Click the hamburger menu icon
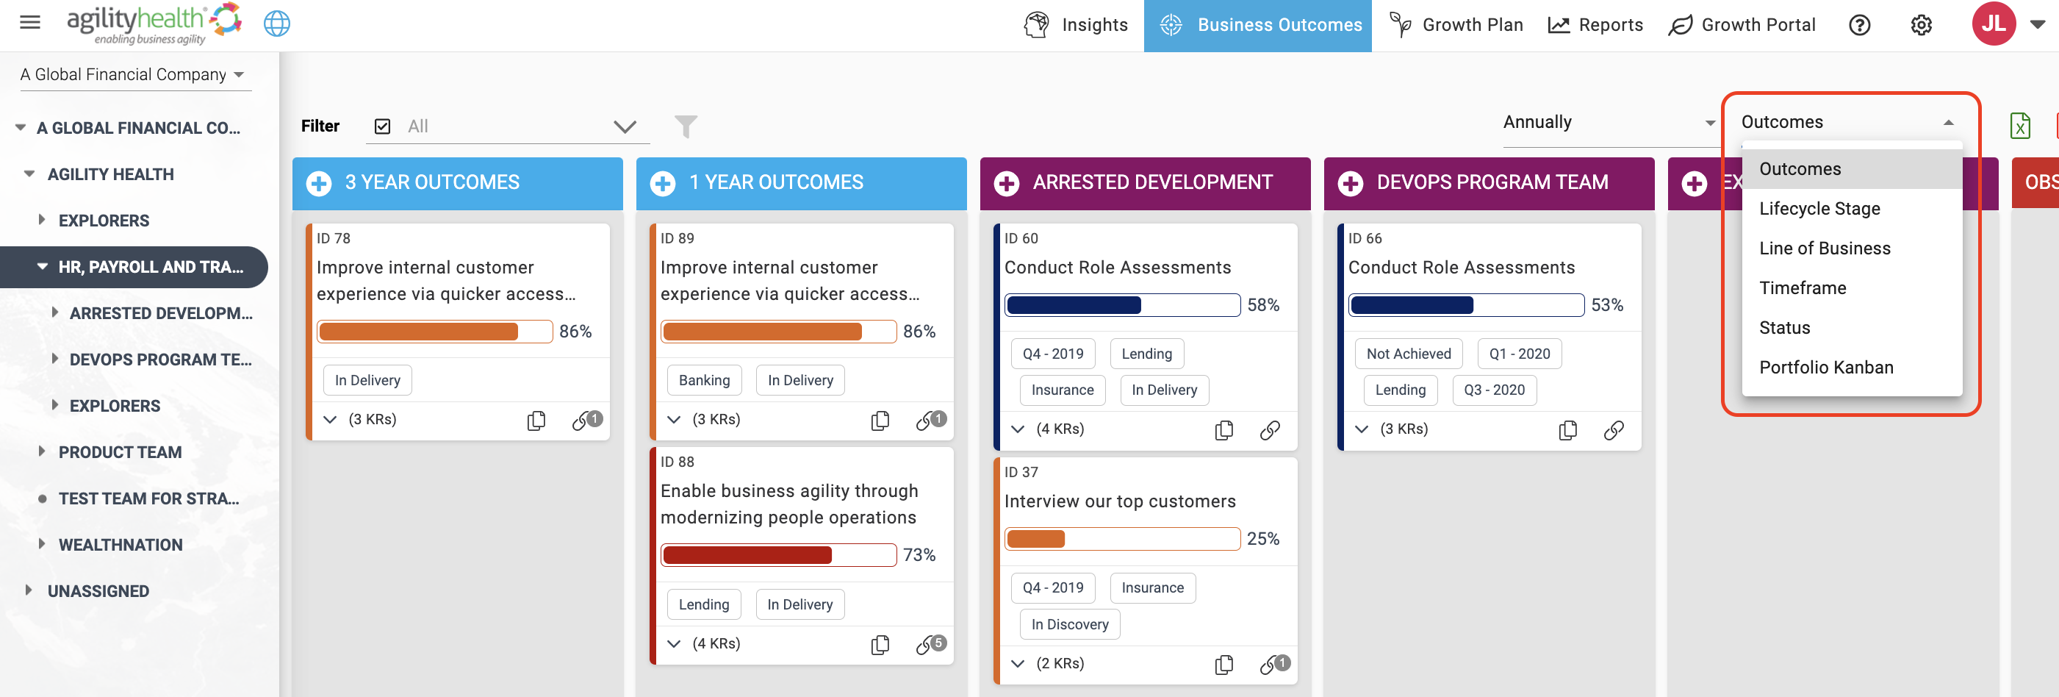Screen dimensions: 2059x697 [30, 22]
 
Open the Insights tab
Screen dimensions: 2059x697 [1076, 25]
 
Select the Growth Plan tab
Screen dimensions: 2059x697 [1456, 25]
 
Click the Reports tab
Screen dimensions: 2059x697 [1595, 25]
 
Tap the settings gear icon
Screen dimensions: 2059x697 [1922, 25]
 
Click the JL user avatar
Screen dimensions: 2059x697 [1994, 24]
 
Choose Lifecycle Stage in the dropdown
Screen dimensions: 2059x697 [1819, 209]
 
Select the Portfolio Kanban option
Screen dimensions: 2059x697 [1825, 368]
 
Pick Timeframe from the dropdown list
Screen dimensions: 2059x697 [1803, 287]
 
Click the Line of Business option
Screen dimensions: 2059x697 [1825, 249]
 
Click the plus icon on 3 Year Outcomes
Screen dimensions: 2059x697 [319, 184]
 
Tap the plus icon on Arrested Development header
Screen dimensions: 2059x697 [1006, 184]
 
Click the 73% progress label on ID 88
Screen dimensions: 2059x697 [919, 554]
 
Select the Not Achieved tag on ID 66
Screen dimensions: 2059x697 [1409, 354]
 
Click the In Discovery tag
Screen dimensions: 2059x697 [1069, 624]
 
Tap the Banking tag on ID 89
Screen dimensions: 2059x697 [704, 380]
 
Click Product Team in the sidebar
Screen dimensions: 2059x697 [120, 452]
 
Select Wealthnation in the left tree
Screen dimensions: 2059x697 [121, 545]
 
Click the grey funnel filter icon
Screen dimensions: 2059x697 [686, 126]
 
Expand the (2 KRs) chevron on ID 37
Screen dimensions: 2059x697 [1018, 663]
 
